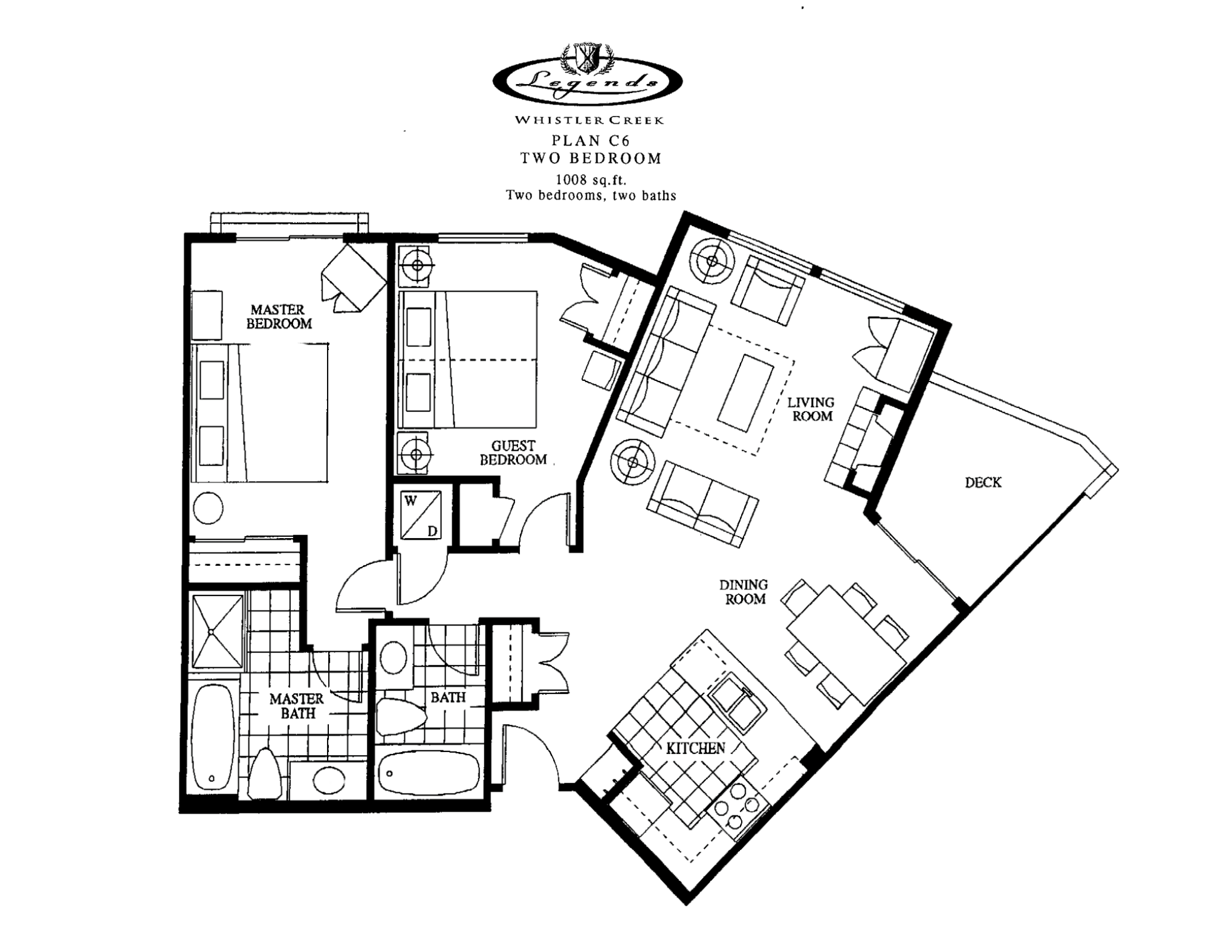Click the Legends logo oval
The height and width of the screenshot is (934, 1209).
pos(588,82)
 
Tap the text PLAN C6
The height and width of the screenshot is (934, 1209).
pos(591,141)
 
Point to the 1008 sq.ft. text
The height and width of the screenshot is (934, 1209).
pos(591,180)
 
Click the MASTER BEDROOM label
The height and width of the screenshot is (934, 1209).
pos(279,317)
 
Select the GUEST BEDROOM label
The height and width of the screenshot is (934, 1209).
pos(513,453)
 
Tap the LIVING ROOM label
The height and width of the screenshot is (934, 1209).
pos(812,409)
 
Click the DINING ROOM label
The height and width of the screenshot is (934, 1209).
pos(744,592)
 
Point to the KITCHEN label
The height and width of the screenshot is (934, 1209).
pos(695,748)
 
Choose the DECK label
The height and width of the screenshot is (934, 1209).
pos(983,482)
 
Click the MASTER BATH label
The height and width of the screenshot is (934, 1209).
pos(297,706)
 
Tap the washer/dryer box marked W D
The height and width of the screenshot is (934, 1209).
pos(421,514)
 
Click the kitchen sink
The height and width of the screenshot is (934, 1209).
pos(736,702)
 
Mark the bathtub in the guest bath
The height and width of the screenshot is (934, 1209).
pos(427,773)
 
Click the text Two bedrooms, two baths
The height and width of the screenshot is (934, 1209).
pos(591,195)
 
